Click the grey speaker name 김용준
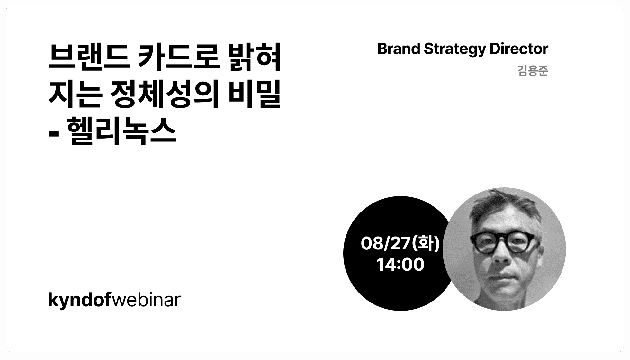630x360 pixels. click(533, 71)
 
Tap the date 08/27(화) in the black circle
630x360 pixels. click(400, 243)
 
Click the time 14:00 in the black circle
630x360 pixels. click(400, 265)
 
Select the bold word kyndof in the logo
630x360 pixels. click(79, 301)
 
